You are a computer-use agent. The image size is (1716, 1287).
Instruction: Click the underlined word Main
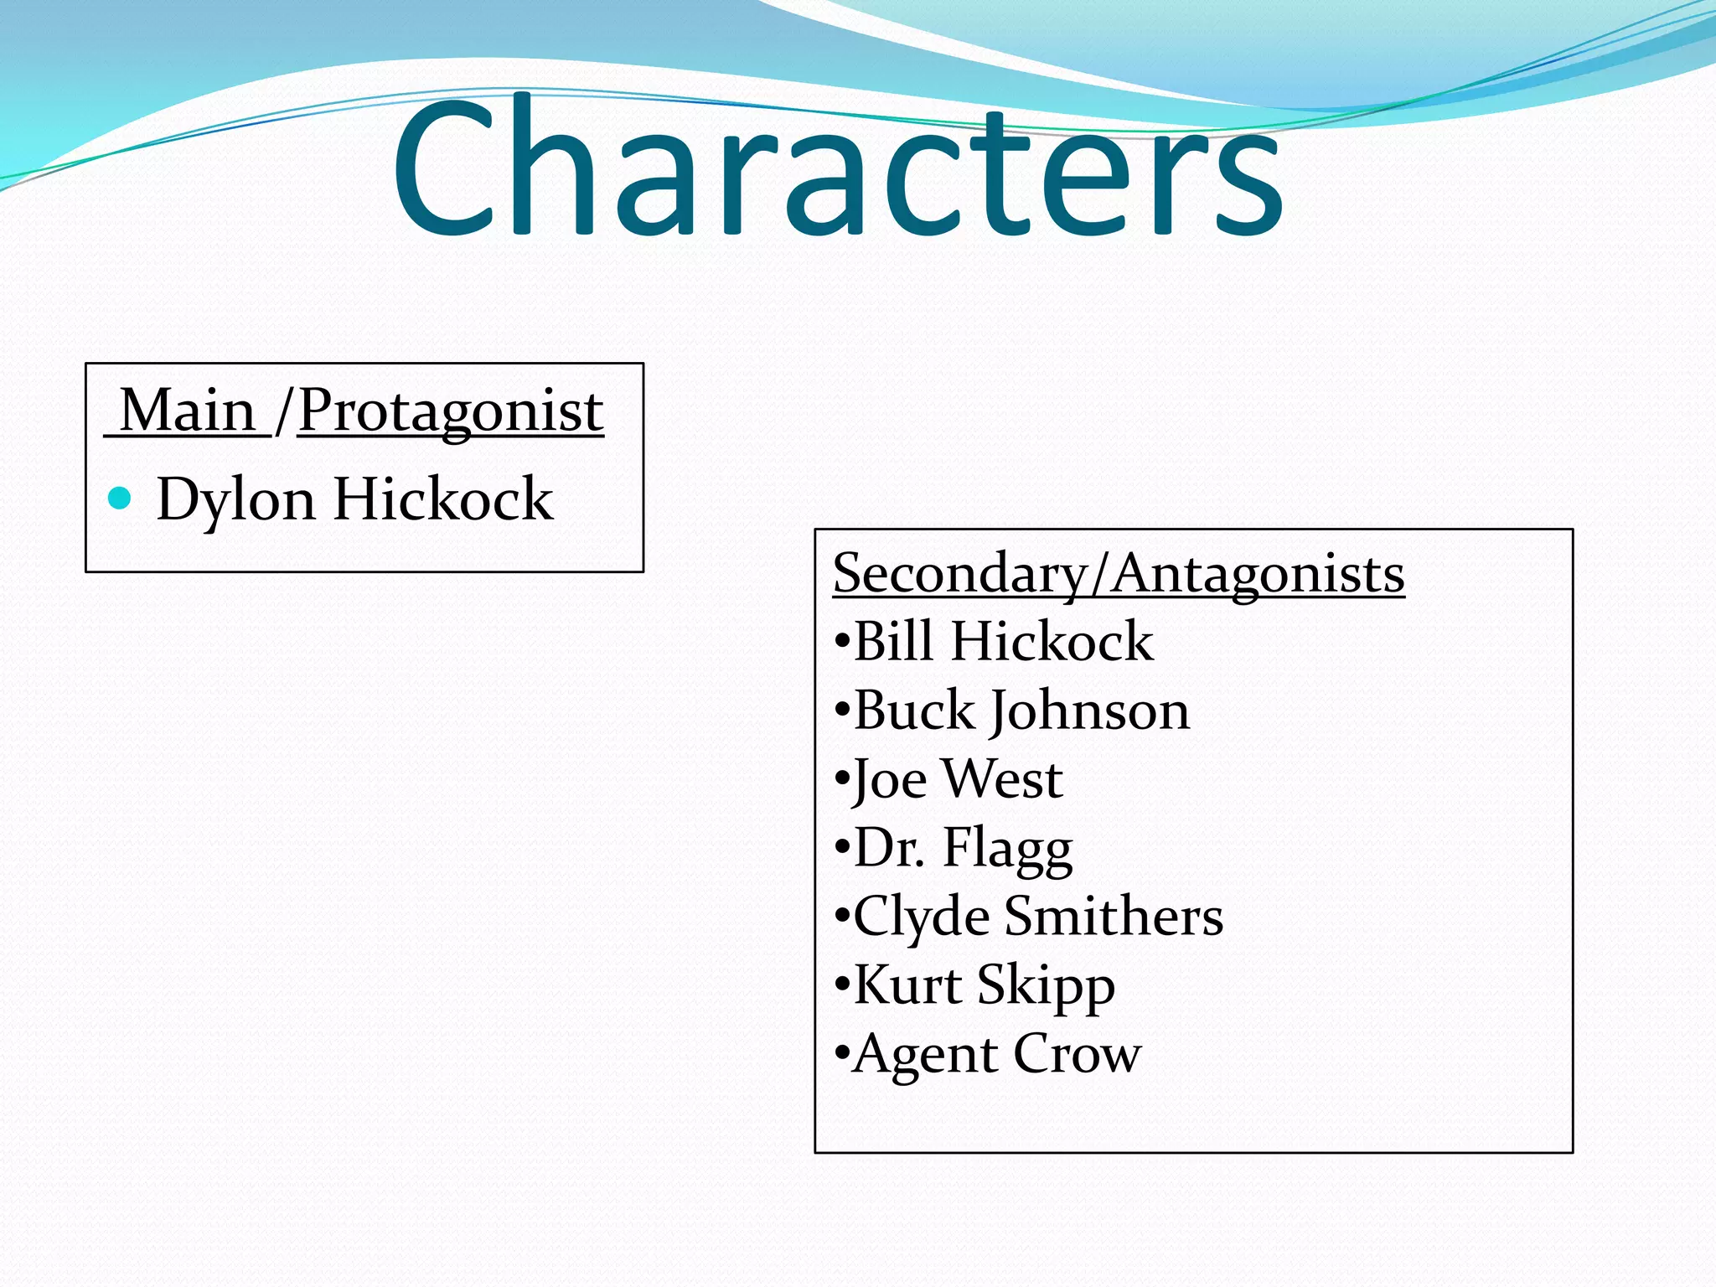pyautogui.click(x=188, y=411)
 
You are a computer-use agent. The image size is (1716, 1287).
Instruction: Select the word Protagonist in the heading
pyautogui.click(x=451, y=412)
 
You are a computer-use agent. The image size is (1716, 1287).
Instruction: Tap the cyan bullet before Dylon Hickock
pyautogui.click(x=121, y=499)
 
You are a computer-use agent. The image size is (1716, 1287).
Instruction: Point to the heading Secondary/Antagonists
pyautogui.click(x=1119, y=575)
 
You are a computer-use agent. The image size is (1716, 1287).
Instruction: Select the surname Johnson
pyautogui.click(x=1090, y=712)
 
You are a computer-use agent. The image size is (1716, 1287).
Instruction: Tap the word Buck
pyautogui.click(x=915, y=711)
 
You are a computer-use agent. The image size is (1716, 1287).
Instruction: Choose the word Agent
pyautogui.click(x=926, y=1054)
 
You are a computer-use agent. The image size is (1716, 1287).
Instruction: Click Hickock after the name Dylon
pyautogui.click(x=443, y=499)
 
